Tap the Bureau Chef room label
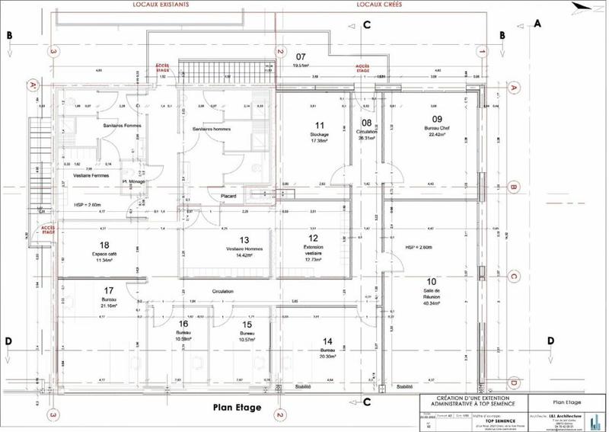(x=437, y=130)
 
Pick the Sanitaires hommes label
(x=212, y=130)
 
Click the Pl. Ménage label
(x=132, y=182)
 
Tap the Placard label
(x=229, y=197)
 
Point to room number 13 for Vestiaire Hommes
(x=244, y=239)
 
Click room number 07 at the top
(x=300, y=57)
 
